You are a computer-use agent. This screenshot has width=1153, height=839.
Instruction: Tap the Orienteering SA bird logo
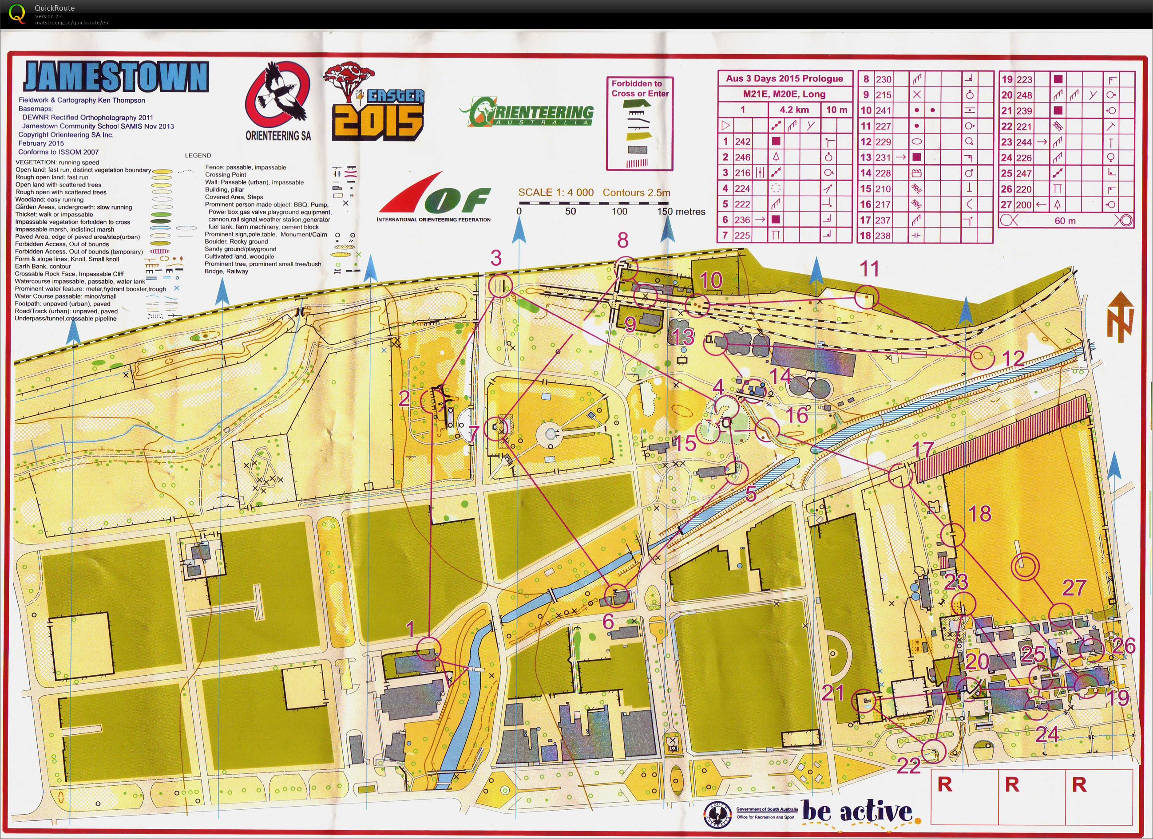277,99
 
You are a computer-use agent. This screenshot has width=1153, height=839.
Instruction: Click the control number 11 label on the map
869,269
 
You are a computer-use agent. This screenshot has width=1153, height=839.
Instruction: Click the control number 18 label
980,514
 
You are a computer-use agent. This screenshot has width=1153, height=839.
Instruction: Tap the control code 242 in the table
743,142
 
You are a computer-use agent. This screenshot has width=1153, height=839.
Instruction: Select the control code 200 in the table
1024,205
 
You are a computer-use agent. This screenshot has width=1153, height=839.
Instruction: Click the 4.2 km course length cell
794,110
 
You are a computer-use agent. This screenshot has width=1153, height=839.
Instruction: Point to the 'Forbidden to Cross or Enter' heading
639,88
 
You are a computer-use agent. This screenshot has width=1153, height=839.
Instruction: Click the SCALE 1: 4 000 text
556,193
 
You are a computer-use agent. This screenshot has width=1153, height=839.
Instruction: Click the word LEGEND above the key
198,155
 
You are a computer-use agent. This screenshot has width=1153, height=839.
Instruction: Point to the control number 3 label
495,258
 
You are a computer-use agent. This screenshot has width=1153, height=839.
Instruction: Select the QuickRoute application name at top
55,8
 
